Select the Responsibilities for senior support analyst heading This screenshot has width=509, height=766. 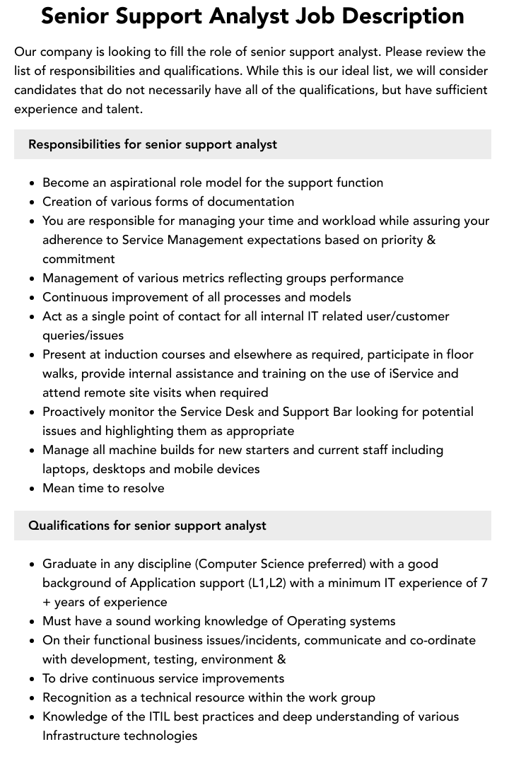click(x=153, y=144)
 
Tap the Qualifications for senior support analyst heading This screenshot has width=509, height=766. click(x=147, y=526)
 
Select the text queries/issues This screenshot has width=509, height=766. click(x=83, y=335)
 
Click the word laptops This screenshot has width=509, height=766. click(x=64, y=469)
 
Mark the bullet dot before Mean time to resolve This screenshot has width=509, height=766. click(x=33, y=489)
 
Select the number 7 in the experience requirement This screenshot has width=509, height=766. click(x=484, y=583)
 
